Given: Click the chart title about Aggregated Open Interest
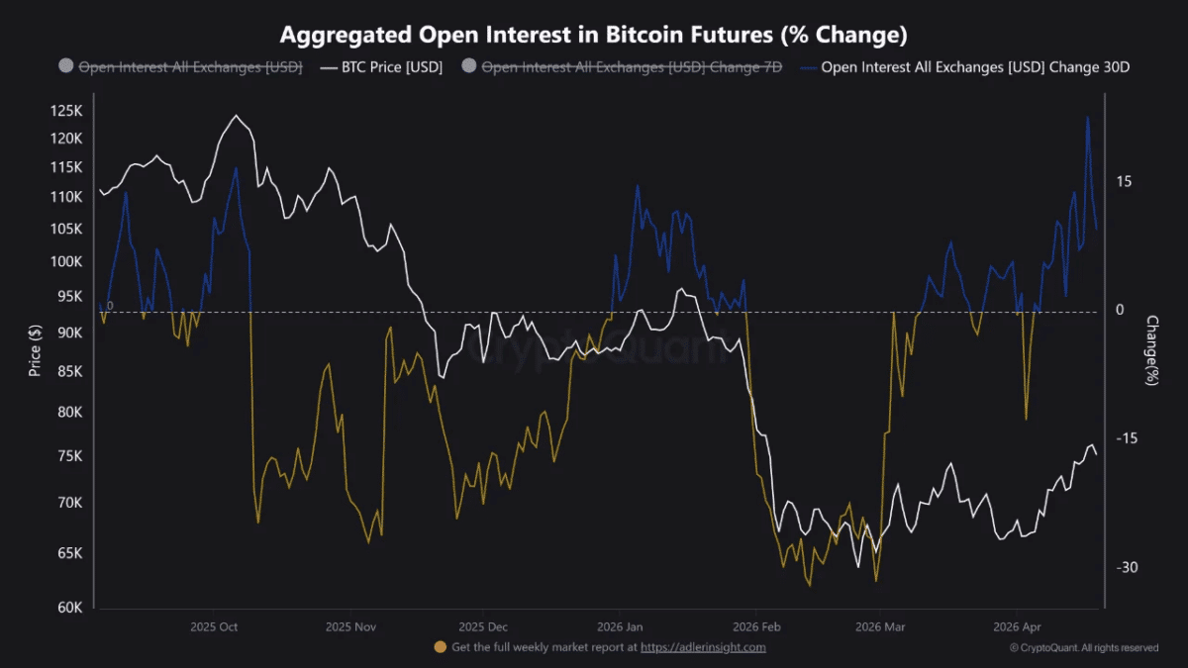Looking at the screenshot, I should click(594, 36).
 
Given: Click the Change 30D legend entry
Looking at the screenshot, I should click(966, 67).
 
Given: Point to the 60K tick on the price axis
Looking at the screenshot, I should click(70, 608).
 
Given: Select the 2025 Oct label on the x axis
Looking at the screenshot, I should click(214, 627).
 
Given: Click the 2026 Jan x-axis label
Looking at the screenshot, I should click(620, 627).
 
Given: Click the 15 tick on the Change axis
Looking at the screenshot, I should click(1124, 182).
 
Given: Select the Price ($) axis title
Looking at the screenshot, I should click(36, 351).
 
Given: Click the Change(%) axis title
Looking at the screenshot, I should click(1151, 351).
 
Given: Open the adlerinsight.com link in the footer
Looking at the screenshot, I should click(703, 648).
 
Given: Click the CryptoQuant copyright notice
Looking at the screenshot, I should click(1083, 648).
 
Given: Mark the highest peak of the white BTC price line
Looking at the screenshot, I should click(236, 116).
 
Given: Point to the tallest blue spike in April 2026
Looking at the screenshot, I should click(1088, 118).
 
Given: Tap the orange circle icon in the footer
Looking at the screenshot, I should click(440, 647).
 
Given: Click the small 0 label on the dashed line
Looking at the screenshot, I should click(110, 306).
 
